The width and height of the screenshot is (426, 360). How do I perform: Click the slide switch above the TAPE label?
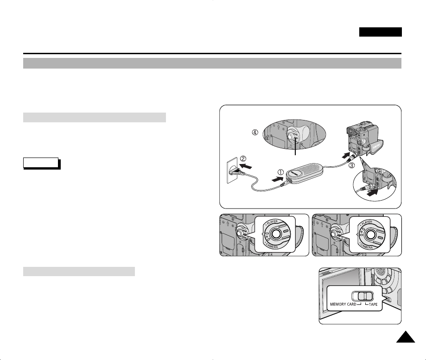pos(365,296)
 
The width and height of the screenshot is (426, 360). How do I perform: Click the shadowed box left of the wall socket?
pos(41,163)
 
